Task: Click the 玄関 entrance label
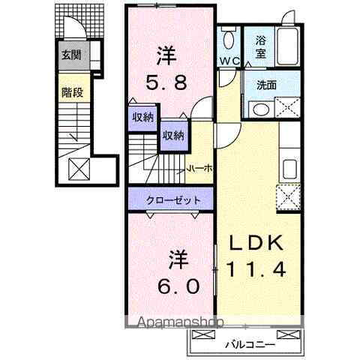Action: click(x=71, y=55)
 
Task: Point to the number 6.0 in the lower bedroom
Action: click(x=178, y=285)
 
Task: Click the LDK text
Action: click(x=251, y=244)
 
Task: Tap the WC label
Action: click(x=228, y=61)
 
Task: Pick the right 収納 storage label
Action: click(x=172, y=135)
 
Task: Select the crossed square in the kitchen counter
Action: click(x=289, y=197)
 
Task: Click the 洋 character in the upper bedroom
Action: click(x=166, y=55)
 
